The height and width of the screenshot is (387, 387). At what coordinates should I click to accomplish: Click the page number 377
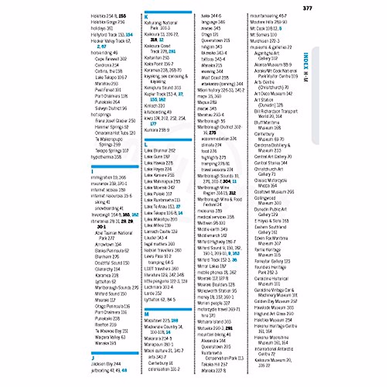tap(307, 8)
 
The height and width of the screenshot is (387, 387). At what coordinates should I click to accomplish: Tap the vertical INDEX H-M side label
tap(306, 67)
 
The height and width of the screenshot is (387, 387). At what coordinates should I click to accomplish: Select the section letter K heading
tap(146, 17)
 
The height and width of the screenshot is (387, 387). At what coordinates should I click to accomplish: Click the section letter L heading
tap(146, 144)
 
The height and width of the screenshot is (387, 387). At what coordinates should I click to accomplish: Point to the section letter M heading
tap(146, 314)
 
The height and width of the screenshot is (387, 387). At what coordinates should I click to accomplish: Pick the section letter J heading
tap(93, 358)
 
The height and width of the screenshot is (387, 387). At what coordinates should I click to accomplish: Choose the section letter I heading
tap(92, 172)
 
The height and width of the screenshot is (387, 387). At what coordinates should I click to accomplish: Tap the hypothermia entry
tap(106, 157)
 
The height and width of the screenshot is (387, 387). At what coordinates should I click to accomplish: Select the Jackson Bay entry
tap(106, 364)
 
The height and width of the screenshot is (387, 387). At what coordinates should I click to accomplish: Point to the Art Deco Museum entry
tap(273, 94)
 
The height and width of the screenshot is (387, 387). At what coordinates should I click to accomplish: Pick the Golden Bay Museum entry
tap(275, 301)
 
